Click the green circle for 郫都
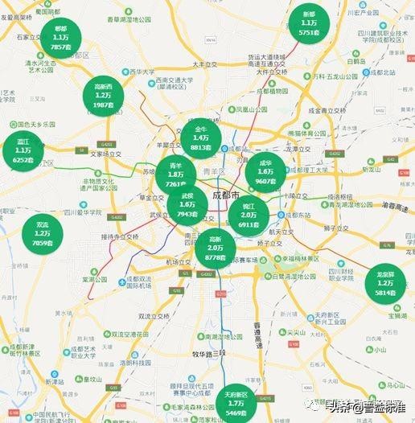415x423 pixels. pyautogui.click(x=60, y=38)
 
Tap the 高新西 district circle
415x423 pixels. pyautogui.click(x=103, y=95)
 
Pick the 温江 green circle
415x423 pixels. pyautogui.click(x=23, y=150)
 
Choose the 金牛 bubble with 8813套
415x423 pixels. pyautogui.click(x=200, y=138)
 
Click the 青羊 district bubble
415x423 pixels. pyautogui.click(x=175, y=175)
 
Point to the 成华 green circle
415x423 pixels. pyautogui.click(x=265, y=171)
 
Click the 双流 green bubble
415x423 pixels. pyautogui.click(x=42, y=233)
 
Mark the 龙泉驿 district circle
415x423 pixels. pyautogui.click(x=385, y=285)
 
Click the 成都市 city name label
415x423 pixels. pyautogui.click(x=225, y=195)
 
